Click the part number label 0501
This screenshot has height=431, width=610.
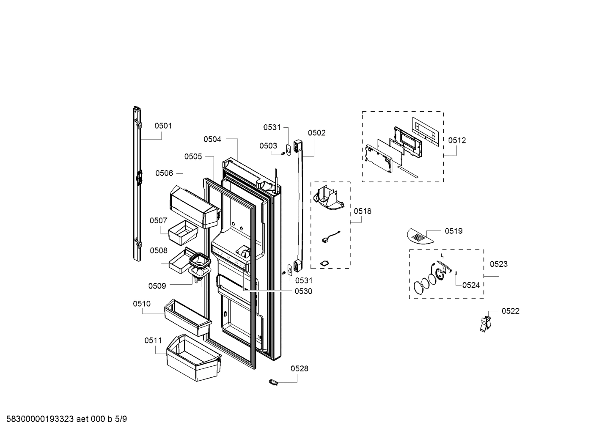[163, 126]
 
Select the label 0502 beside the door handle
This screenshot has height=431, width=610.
[316, 133]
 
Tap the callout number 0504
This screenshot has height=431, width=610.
[212, 139]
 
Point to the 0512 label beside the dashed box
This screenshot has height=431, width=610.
[457, 140]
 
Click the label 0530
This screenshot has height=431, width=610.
[303, 291]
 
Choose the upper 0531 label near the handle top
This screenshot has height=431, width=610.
[272, 127]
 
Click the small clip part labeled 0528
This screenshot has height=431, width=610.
[274, 382]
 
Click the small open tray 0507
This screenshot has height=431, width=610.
[183, 232]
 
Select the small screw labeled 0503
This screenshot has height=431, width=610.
[282, 153]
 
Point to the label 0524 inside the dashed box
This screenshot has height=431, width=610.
[470, 285]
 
